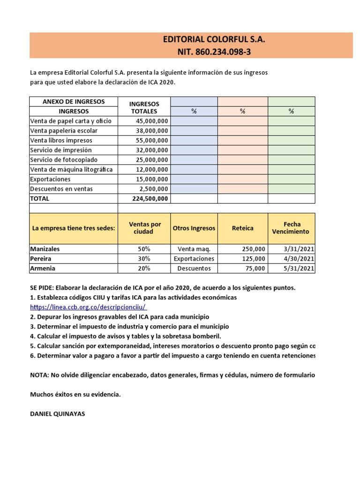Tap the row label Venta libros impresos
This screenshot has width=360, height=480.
coord(61,140)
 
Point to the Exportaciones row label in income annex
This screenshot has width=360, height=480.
coord(50,179)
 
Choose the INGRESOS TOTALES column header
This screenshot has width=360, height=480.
coord(144,107)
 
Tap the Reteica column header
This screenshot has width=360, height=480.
coord(242,228)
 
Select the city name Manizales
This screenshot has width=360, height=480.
coord(45,249)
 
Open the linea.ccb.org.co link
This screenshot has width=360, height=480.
coord(89,307)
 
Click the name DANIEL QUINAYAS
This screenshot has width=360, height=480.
coord(57,414)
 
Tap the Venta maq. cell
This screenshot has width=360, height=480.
coord(194,249)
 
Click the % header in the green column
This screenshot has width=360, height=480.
coord(291,112)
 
